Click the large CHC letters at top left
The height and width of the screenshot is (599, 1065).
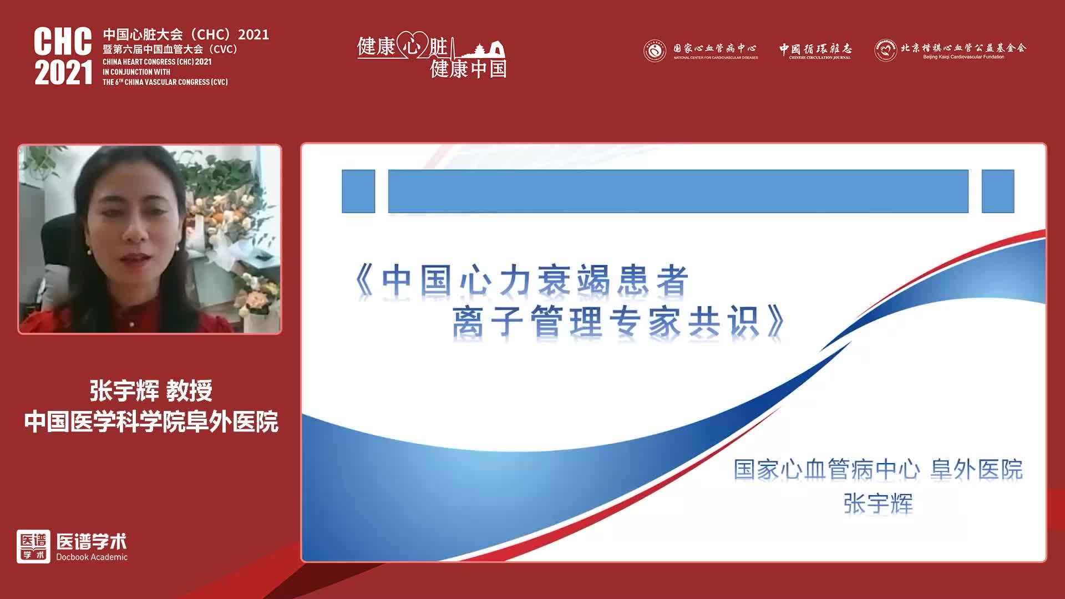click(x=63, y=42)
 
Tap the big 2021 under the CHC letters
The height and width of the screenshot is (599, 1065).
click(x=63, y=73)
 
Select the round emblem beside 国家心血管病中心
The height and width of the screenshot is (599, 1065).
click(x=655, y=51)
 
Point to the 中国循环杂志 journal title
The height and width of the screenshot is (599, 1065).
click(x=815, y=49)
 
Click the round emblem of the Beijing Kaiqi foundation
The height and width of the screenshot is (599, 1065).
click(x=885, y=50)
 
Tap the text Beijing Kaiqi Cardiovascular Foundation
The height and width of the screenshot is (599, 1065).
click(x=963, y=57)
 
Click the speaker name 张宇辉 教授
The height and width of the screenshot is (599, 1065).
click(x=151, y=391)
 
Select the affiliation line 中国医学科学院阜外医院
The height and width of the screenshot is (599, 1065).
click(x=151, y=422)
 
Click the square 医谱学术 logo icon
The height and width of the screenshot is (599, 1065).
click(x=33, y=546)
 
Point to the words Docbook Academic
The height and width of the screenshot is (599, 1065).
click(x=92, y=557)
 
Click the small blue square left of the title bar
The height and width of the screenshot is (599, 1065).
click(x=358, y=191)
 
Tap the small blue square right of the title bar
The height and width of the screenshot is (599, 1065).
click(x=997, y=191)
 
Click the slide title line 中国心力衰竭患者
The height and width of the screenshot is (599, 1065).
click(x=521, y=280)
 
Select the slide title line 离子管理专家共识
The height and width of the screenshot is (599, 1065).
click(x=618, y=322)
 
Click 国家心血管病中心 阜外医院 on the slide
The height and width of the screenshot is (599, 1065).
click(x=878, y=469)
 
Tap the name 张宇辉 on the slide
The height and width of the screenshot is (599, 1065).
click(x=878, y=504)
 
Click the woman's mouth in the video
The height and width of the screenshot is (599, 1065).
click(x=135, y=258)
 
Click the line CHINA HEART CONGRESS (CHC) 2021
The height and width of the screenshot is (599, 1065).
click(x=157, y=62)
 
